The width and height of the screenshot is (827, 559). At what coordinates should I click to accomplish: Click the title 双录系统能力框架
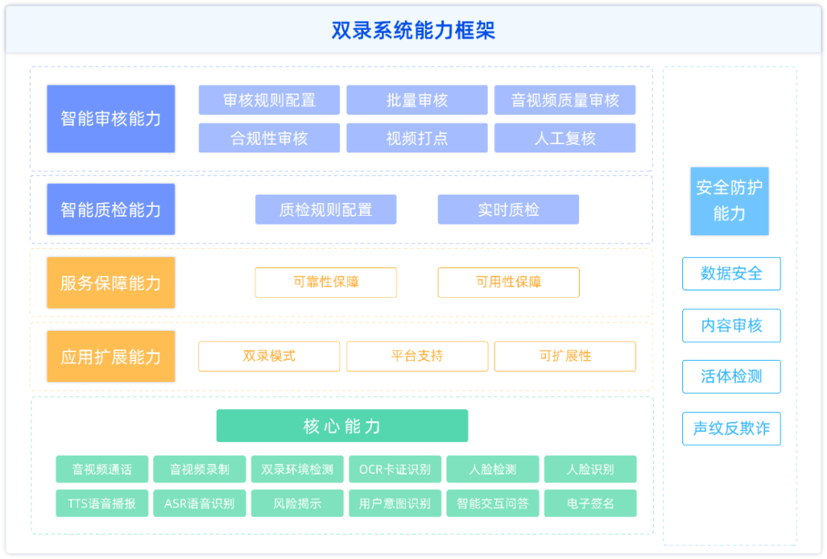(413, 30)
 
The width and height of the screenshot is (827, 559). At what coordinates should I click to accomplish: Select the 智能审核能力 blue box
(111, 119)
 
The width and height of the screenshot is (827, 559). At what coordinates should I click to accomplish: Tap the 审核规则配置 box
(269, 100)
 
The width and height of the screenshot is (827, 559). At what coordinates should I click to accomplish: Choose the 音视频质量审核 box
(565, 100)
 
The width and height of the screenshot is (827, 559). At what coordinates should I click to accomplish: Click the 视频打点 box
(417, 138)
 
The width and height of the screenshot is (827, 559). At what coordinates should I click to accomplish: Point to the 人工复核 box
(565, 138)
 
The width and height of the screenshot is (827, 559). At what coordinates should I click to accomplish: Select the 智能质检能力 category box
(111, 209)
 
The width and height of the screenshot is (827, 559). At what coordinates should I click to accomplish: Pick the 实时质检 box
(508, 209)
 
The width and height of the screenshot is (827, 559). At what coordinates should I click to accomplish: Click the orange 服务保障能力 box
(111, 283)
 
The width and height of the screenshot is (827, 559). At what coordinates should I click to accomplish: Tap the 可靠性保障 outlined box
(326, 283)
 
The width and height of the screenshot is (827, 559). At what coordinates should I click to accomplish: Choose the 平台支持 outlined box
(417, 357)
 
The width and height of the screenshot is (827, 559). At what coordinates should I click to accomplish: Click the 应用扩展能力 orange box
(111, 357)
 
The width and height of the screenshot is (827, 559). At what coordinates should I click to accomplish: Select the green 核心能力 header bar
(342, 426)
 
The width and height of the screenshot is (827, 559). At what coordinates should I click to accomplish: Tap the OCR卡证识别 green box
(395, 469)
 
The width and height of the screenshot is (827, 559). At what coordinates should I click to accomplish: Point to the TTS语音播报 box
(102, 503)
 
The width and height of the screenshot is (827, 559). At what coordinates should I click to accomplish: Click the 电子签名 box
(590, 503)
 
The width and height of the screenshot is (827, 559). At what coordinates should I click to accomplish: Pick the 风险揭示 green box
(297, 503)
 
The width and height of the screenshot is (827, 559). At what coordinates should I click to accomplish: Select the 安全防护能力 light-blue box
(730, 201)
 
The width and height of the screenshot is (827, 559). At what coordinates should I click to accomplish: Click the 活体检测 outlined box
(731, 377)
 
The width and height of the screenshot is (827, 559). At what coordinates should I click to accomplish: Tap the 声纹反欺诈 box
(731, 429)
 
